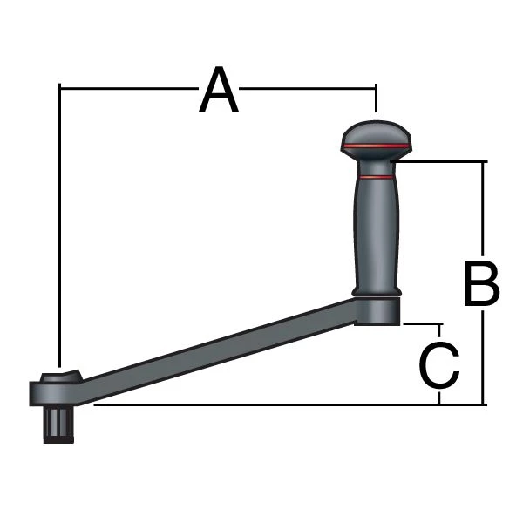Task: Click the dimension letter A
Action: pos(218,92)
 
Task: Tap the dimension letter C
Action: pos(439,367)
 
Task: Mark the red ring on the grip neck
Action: pos(376,177)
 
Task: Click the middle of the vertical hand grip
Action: pos(376,231)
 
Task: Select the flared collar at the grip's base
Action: pos(376,289)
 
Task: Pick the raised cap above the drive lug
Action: pos(59,377)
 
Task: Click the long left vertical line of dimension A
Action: pos(58,227)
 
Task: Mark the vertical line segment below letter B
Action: pos(482,357)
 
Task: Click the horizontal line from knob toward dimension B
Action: pos(440,161)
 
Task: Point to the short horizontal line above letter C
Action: pos(422,323)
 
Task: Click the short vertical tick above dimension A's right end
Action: pos(376,98)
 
